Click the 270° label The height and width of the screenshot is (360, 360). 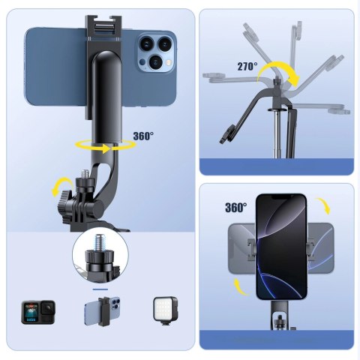pyautogui.click(x=247, y=66)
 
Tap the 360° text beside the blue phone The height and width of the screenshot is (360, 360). pyautogui.click(x=142, y=136)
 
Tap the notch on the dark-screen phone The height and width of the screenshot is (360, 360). pyautogui.click(x=282, y=199)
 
